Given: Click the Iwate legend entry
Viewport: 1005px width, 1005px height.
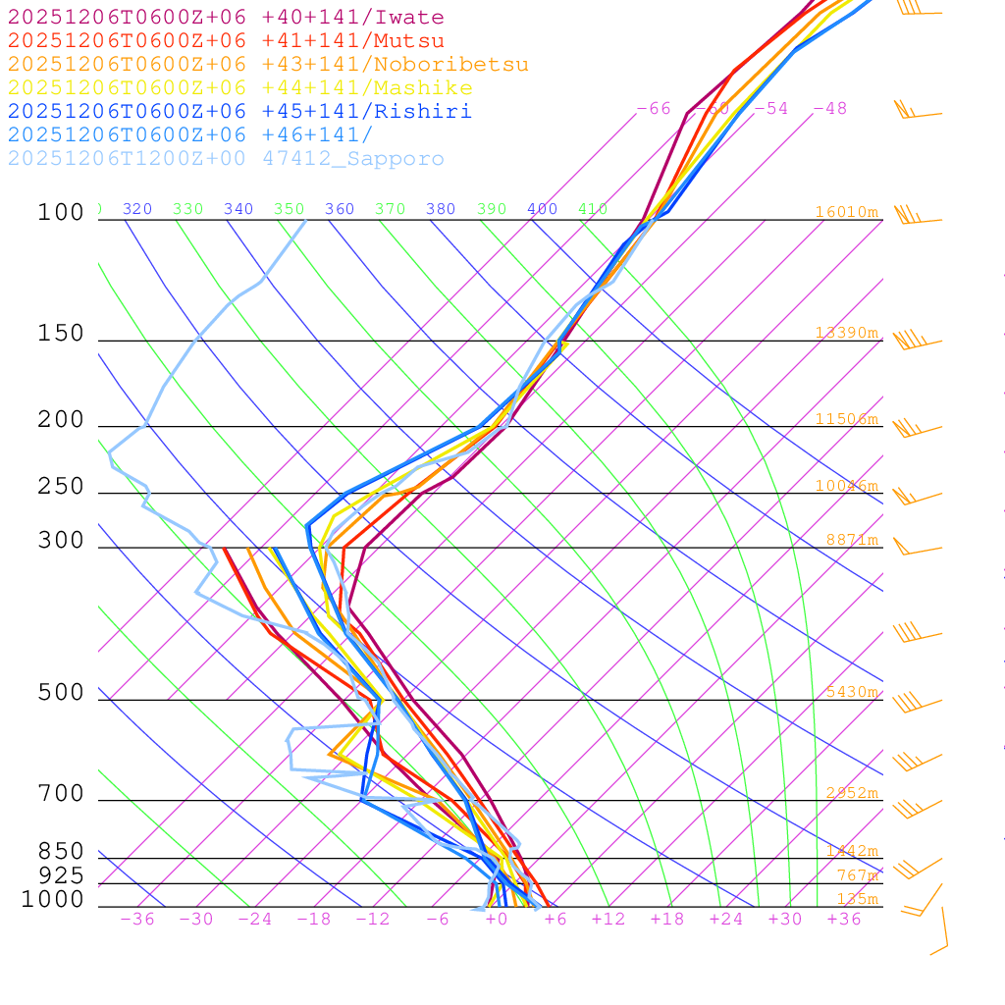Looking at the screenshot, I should click(x=226, y=18).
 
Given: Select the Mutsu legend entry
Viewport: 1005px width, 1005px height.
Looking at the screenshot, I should click(x=226, y=41).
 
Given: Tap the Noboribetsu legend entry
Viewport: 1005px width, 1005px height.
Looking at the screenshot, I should click(x=268, y=65).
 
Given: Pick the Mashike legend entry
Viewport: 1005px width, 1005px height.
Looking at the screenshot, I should click(x=239, y=88).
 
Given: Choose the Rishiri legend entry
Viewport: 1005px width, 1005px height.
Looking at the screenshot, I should click(x=239, y=112).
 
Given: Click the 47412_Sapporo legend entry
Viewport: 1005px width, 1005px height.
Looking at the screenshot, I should click(x=226, y=159).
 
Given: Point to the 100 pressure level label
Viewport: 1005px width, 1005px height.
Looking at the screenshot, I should click(x=61, y=212).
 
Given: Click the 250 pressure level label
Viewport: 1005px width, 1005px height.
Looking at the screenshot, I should click(x=61, y=487).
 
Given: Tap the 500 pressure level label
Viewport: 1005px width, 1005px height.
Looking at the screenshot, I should click(x=61, y=693).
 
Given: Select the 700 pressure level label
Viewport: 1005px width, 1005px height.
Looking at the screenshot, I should click(x=61, y=793).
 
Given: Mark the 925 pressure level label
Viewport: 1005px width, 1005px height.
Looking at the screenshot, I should click(x=61, y=875).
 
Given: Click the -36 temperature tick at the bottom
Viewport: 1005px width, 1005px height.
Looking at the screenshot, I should click(x=136, y=919).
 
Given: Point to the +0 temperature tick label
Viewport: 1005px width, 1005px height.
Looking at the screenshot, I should click(x=496, y=919).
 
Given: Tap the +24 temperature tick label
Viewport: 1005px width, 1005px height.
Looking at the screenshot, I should click(x=726, y=919).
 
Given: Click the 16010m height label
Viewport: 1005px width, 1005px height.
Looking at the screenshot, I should click(x=846, y=212).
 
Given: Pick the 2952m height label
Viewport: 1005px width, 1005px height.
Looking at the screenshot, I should click(x=851, y=793).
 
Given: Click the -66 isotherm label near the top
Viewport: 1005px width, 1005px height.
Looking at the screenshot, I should click(x=654, y=108).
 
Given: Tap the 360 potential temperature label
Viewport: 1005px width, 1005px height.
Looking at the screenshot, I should click(x=340, y=209).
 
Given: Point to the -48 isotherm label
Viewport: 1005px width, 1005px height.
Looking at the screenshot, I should click(x=829, y=108).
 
